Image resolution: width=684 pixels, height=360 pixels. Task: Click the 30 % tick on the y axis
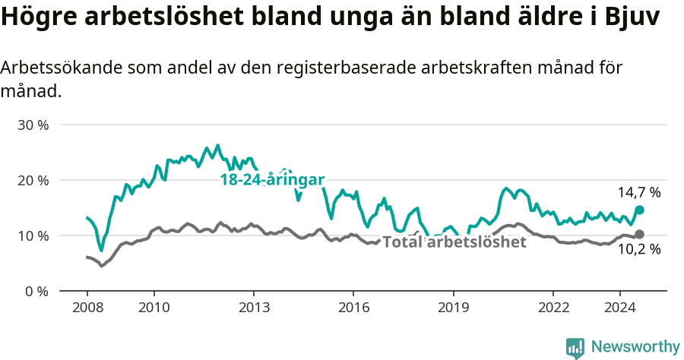[33, 125]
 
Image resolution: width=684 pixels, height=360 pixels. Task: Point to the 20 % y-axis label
[33, 180]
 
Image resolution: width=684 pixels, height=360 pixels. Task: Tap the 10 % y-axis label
[33, 235]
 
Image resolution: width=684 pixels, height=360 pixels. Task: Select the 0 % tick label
[36, 291]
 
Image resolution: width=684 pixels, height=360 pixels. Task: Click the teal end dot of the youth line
[639, 210]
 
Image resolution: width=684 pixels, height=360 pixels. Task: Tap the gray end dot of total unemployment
[639, 234]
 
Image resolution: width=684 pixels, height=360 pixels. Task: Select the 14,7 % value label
[639, 193]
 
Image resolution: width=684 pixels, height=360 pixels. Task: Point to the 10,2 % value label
[639, 249]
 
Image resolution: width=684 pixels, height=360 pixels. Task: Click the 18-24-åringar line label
[272, 180]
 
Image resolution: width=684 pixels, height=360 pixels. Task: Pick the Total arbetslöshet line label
[454, 242]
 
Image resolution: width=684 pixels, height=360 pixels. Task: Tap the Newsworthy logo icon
[575, 347]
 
